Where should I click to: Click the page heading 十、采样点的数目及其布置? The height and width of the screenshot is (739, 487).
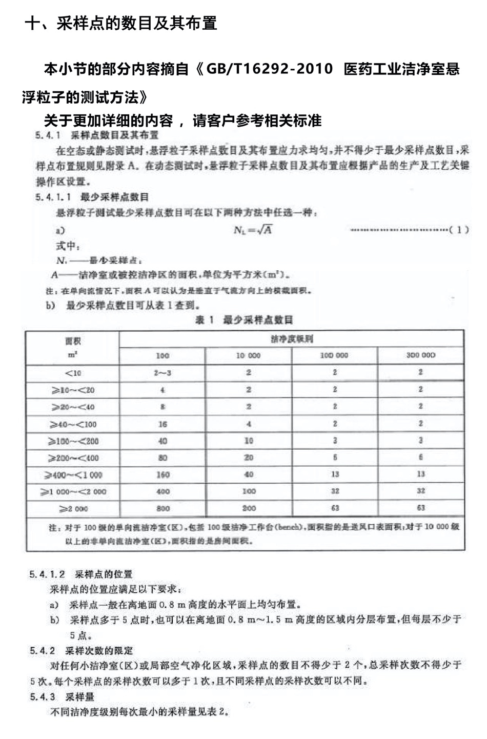[121, 23]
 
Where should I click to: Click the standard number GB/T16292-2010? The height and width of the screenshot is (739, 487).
[269, 69]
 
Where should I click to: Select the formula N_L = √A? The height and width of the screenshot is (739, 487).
[253, 230]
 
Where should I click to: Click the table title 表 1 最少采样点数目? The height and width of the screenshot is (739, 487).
[245, 320]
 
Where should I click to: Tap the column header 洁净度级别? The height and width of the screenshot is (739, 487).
[292, 339]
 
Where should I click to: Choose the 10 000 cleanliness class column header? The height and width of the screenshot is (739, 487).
[248, 355]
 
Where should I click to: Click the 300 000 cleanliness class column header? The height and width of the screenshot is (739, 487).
[420, 355]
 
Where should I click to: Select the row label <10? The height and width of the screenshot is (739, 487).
[73, 373]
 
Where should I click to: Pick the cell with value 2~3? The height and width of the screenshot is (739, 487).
[163, 373]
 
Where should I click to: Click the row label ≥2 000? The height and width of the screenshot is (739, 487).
[73, 509]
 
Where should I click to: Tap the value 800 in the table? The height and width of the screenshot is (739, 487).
[163, 509]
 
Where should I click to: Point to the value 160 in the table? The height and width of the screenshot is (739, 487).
[163, 475]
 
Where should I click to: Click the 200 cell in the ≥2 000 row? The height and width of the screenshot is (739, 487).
[249, 509]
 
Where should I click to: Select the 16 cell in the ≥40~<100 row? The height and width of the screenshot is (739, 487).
[163, 424]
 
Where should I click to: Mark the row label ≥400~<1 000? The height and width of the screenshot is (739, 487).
[73, 475]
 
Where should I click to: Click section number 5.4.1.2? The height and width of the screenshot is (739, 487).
[47, 574]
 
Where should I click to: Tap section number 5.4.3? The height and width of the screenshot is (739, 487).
[43, 696]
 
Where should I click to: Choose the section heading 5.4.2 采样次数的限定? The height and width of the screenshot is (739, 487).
[82, 651]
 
